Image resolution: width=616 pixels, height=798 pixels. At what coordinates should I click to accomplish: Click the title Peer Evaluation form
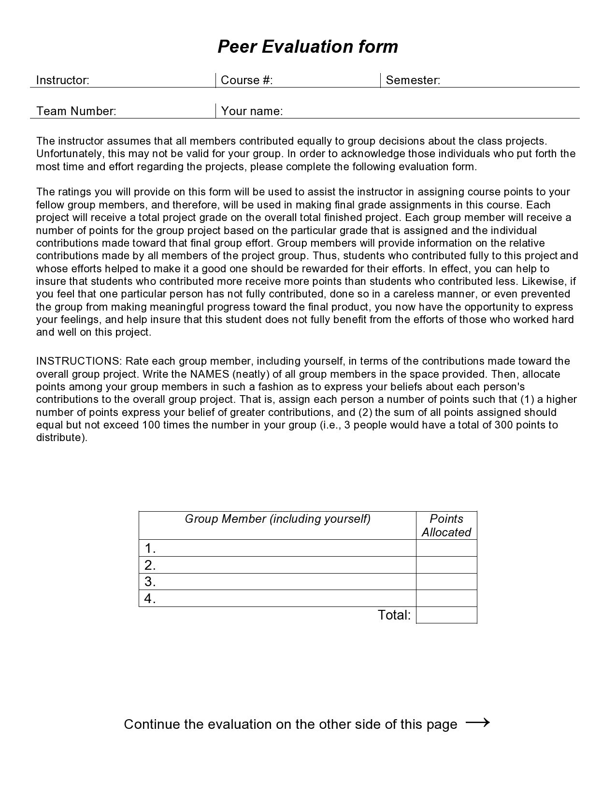pyautogui.click(x=308, y=47)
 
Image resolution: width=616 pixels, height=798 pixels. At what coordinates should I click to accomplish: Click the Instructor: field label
pyautogui.click(x=63, y=80)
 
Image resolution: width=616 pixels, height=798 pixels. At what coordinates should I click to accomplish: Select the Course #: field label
pyautogui.click(x=246, y=80)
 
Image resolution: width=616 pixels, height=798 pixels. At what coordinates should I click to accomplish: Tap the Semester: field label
pyautogui.click(x=413, y=80)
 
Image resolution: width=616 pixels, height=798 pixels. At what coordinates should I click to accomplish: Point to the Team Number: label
pyautogui.click(x=76, y=111)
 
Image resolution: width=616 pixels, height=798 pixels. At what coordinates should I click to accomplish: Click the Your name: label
pyautogui.click(x=252, y=111)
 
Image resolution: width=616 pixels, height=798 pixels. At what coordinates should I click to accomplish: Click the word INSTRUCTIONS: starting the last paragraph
pyautogui.click(x=79, y=361)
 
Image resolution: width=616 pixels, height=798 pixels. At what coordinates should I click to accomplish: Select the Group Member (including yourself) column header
pyautogui.click(x=277, y=519)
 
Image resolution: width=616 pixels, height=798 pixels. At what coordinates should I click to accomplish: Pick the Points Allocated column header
pyautogui.click(x=446, y=526)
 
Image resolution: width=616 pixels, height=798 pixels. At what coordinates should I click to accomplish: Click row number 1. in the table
pyautogui.click(x=150, y=548)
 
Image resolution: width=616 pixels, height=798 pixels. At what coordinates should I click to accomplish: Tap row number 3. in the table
pyautogui.click(x=150, y=581)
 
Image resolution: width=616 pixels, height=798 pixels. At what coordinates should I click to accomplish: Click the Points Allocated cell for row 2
pyautogui.click(x=446, y=565)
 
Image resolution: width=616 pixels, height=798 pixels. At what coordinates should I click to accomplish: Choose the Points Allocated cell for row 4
pyautogui.click(x=446, y=598)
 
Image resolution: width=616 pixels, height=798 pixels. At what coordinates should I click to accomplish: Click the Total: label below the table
pyautogui.click(x=394, y=615)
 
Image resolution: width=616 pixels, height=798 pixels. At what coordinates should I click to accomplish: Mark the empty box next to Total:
pyautogui.click(x=446, y=615)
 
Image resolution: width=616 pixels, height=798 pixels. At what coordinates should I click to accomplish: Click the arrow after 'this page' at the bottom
pyautogui.click(x=477, y=723)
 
